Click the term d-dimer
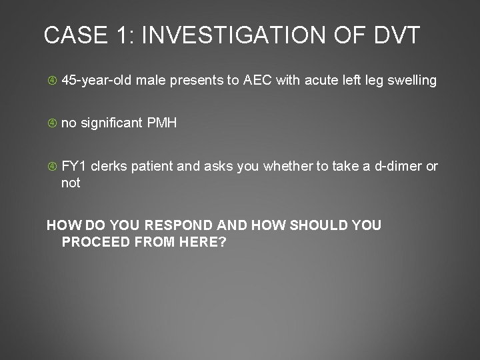tap(398, 166)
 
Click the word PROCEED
tap(94, 241)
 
